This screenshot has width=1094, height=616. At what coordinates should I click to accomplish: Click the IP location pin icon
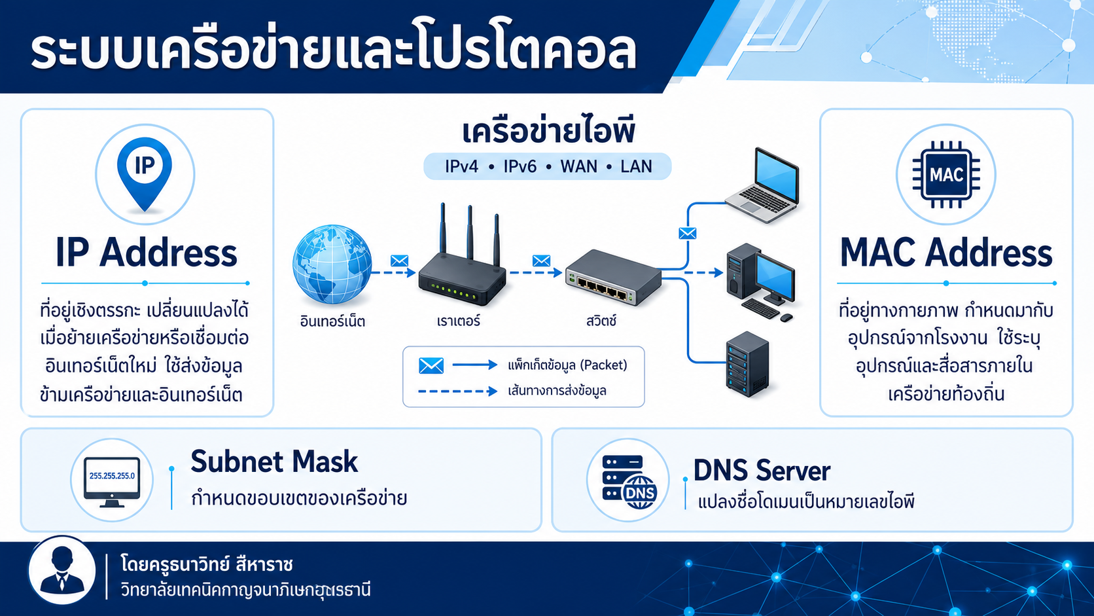pos(145,174)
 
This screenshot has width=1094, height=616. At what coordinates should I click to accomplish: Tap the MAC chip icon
pos(946,174)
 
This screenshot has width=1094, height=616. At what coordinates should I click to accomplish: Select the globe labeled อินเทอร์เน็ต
pos(332,264)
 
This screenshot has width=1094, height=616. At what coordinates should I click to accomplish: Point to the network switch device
pos(614,278)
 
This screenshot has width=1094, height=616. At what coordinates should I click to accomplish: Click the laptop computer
pos(763,185)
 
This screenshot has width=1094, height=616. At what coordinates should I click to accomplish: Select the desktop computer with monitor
pos(760,283)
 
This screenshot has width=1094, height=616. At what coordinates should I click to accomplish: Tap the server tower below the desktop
pos(748,365)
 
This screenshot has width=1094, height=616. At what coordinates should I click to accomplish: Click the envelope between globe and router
pos(400,261)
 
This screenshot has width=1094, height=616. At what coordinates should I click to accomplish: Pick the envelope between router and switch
pos(541,261)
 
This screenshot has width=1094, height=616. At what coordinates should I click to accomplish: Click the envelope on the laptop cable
pos(688,234)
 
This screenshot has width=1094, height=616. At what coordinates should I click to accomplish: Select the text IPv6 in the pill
pos(520,166)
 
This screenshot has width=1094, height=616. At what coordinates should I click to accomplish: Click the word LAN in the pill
pos(636,166)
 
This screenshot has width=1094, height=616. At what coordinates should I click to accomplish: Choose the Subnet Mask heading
pos(274,462)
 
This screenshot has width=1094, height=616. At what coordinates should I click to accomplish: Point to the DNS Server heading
pos(762,471)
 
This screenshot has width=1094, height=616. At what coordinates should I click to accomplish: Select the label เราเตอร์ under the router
pos(459,321)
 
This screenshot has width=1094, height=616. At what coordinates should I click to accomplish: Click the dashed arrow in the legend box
pos(457,391)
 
